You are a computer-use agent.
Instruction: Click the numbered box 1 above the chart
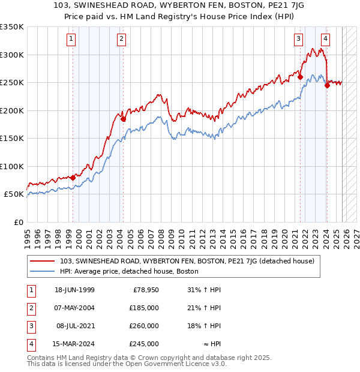[71, 40]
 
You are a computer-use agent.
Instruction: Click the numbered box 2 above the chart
[121, 40]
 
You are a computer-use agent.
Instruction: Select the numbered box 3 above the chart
[298, 40]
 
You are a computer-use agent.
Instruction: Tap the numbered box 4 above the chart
[325, 40]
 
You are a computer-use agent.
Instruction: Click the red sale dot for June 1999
[73, 178]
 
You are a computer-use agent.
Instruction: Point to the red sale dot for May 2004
[123, 119]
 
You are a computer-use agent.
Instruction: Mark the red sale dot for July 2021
[300, 76]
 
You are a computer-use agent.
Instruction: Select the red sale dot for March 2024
[327, 85]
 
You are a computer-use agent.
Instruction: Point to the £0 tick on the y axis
[17, 222]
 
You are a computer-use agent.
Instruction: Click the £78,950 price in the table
[146, 290]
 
